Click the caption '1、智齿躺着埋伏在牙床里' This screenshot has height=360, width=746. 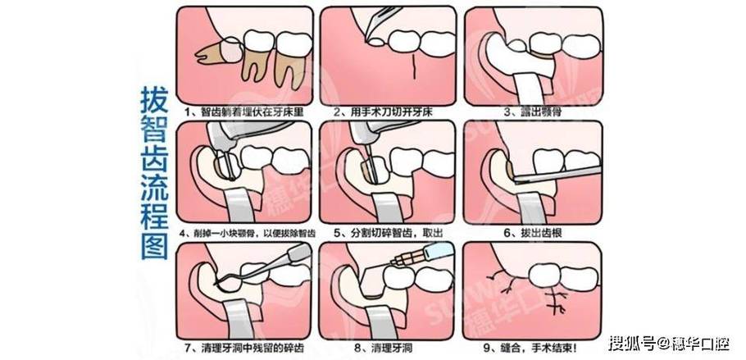pos(239,110)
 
